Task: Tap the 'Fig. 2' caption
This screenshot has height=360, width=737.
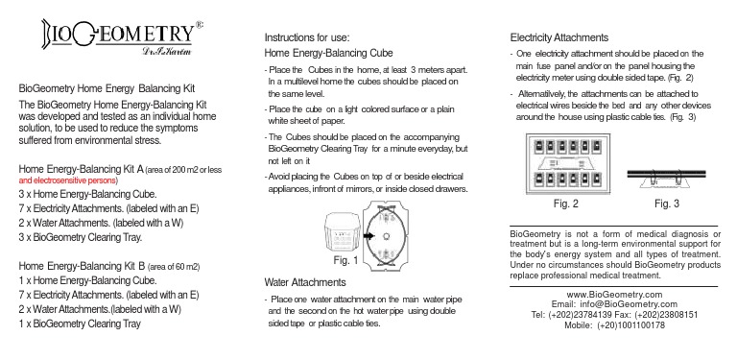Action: click(567, 204)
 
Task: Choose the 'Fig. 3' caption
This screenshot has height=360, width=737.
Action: click(666, 204)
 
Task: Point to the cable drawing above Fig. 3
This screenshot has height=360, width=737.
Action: click(665, 174)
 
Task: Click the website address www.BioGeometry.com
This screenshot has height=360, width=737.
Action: click(615, 294)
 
